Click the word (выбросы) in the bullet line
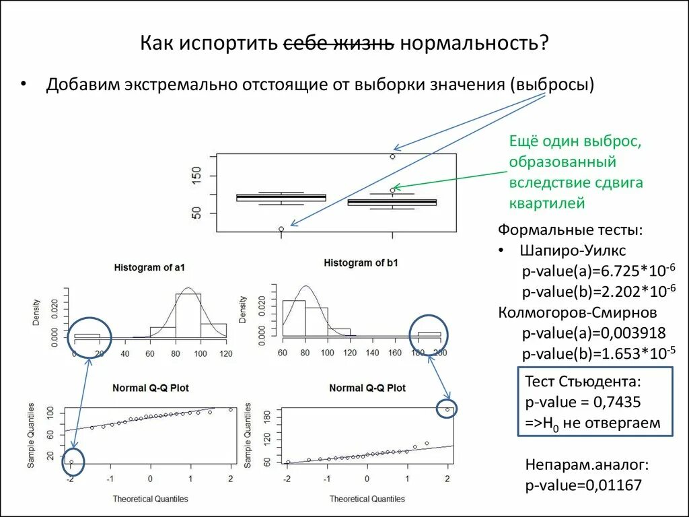coord(552,85)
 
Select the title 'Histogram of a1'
coord(149,267)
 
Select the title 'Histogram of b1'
coord(361,263)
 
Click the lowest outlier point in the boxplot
coord(281,230)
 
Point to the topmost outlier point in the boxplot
coord(392,156)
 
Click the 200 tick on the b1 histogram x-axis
coord(440,353)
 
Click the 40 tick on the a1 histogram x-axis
coord(124,353)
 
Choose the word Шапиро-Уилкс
coord(573,250)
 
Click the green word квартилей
coord(547,203)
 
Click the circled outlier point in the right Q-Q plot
coord(447,409)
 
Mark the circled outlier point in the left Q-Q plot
coord(71,462)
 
